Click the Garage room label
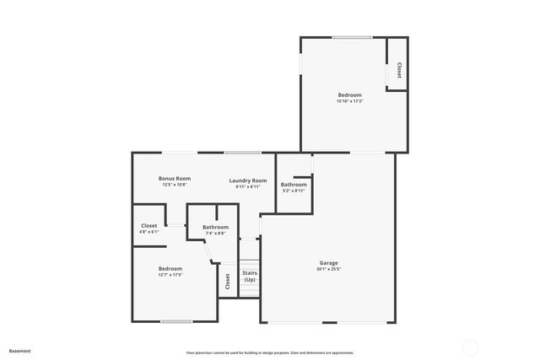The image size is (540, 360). [328, 262]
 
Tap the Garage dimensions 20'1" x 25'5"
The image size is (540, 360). [328, 270]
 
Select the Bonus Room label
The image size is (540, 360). [175, 179]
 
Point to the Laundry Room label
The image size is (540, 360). [248, 180]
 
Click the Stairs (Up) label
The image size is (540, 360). [250, 276]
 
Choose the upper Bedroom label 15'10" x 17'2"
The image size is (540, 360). [349, 94]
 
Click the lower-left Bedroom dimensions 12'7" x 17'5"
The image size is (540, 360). [170, 275]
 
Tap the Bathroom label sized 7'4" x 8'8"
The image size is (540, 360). [215, 227]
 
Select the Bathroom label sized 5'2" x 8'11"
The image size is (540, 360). [294, 185]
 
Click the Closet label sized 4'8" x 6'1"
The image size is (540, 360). [149, 225]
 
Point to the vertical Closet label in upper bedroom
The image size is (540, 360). [398, 72]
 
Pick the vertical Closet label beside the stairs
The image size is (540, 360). [227, 281]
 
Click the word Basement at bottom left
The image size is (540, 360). [19, 350]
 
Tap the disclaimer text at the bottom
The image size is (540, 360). [269, 352]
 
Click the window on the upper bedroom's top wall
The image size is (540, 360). [352, 37]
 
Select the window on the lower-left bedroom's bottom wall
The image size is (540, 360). [175, 321]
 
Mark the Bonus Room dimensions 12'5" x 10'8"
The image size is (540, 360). [175, 186]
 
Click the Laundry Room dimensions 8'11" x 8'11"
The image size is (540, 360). [248, 187]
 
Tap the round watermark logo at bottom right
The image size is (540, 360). [471, 347]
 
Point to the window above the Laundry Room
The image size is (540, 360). [242, 153]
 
